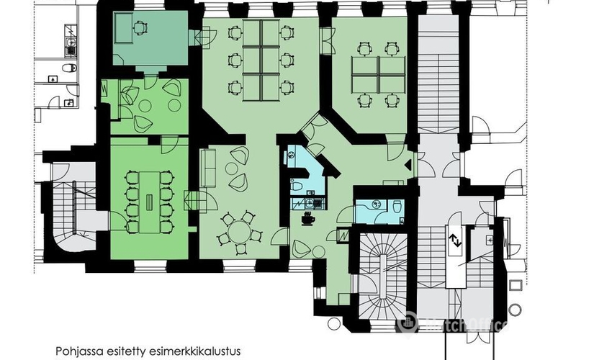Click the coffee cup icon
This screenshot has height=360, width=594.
(308, 220)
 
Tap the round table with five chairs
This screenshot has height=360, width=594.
(239, 232)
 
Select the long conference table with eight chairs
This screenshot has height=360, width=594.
(149, 202)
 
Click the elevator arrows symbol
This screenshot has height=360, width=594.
(455, 241)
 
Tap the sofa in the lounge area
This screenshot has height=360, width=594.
(207, 168)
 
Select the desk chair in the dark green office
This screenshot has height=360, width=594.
(140, 27)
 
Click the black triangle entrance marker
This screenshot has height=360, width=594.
(408, 165)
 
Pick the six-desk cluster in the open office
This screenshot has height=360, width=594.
(261, 60)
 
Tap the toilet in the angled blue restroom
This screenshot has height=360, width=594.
(297, 186)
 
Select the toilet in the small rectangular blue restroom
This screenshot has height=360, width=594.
(397, 207)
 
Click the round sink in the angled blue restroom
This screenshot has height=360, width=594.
(292, 155)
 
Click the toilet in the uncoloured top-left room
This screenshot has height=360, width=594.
(70, 68)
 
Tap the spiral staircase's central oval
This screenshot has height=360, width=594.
(382, 268)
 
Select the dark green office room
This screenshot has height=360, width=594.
(150, 38)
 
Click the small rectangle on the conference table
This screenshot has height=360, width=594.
(150, 199)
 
